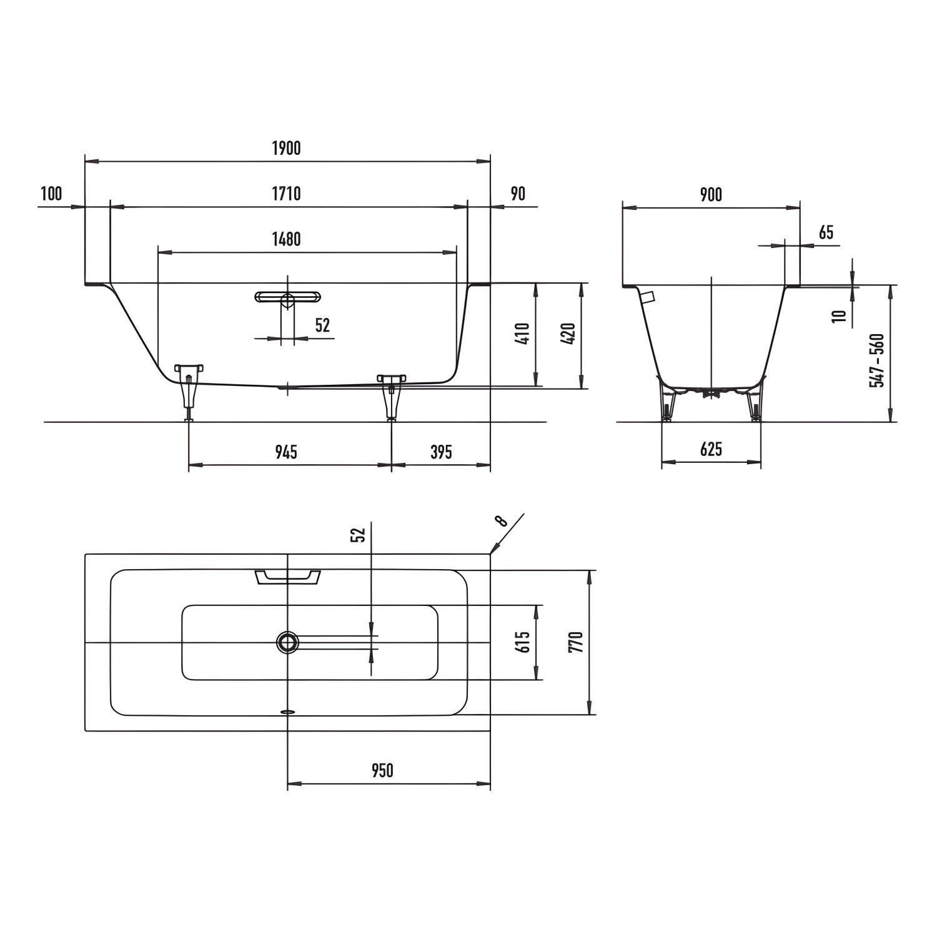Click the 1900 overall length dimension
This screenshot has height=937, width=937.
click(x=286, y=148)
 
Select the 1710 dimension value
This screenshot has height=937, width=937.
click(x=286, y=194)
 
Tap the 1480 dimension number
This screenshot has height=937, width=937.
click(x=286, y=239)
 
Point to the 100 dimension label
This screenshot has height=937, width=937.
click(x=51, y=194)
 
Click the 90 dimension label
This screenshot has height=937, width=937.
click(x=518, y=194)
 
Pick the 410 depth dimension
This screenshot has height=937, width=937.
click(x=523, y=334)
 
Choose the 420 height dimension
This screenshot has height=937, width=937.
click(x=568, y=334)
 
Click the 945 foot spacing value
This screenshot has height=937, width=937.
click(x=286, y=451)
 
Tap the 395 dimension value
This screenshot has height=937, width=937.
click(x=441, y=451)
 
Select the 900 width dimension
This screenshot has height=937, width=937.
click(x=711, y=195)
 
